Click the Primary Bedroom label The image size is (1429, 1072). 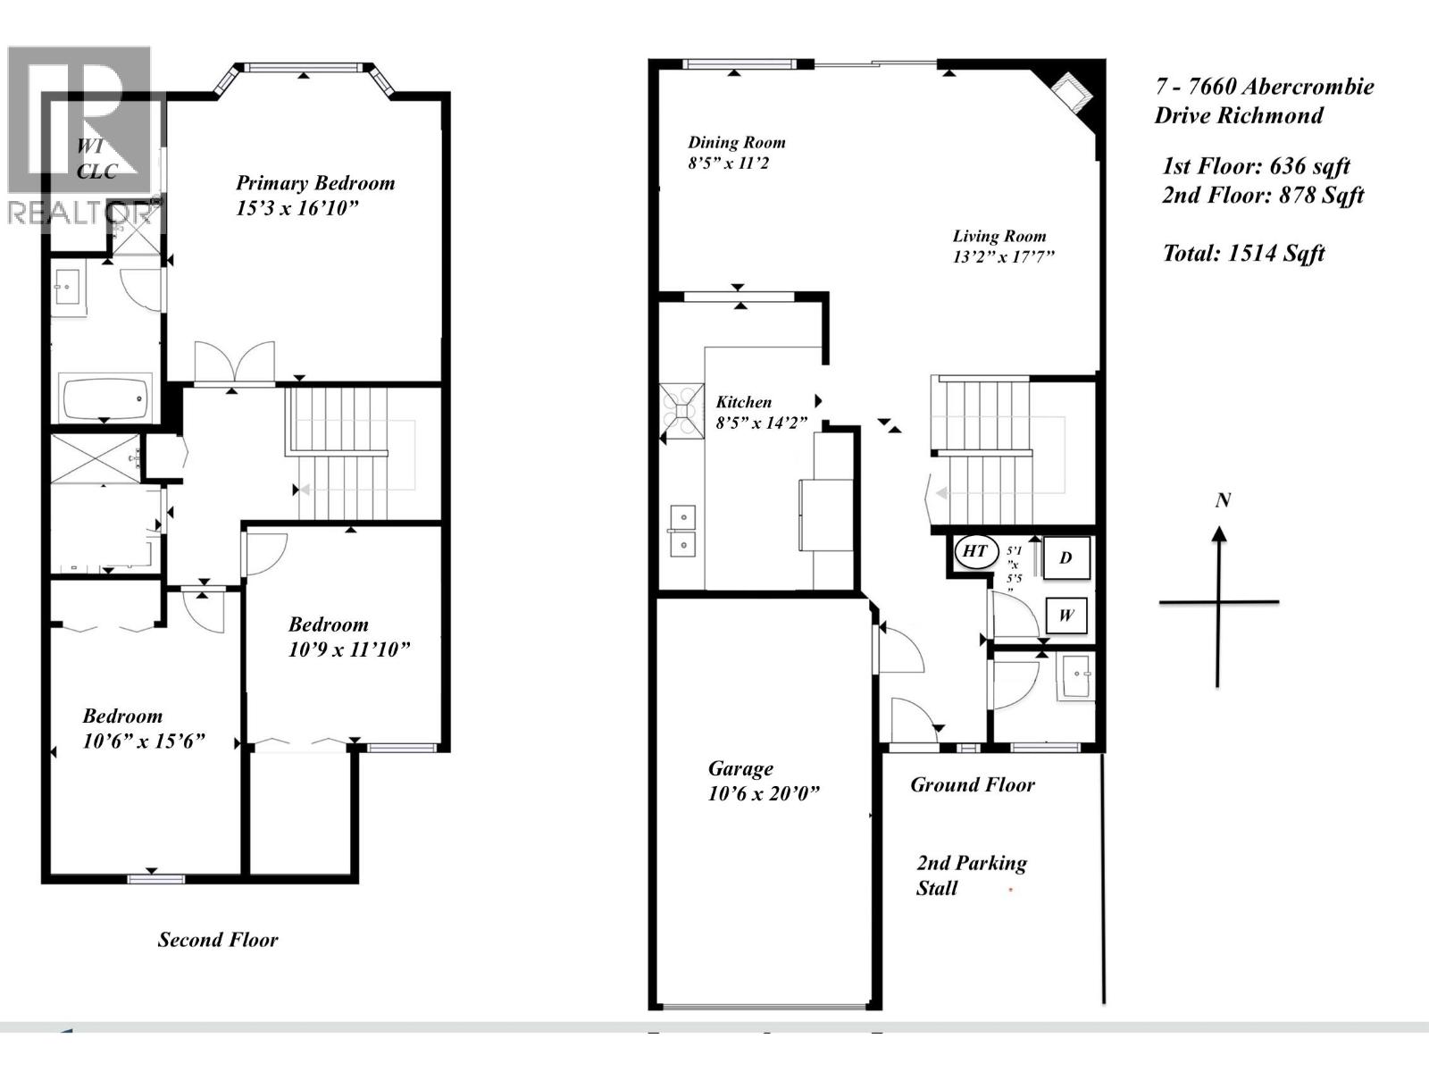click(x=314, y=183)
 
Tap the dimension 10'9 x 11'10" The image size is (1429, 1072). click(x=348, y=649)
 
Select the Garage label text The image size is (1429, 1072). click(x=740, y=768)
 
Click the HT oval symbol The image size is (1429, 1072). click(x=974, y=551)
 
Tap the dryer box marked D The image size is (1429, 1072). click(x=1065, y=558)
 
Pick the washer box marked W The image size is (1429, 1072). click(x=1065, y=616)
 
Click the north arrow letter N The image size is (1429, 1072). click(x=1223, y=500)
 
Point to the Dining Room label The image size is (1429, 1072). click(x=736, y=142)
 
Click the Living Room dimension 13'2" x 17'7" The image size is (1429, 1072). click(x=1004, y=257)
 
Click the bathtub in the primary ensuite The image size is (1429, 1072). click(x=104, y=398)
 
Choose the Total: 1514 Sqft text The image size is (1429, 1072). click(x=1243, y=254)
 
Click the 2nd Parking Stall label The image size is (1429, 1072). click(x=971, y=875)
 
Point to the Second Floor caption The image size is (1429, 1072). click(x=218, y=940)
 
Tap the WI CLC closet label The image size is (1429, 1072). click(x=96, y=159)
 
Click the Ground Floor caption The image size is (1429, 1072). click(x=972, y=785)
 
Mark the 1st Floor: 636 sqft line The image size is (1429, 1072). click(x=1255, y=166)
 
